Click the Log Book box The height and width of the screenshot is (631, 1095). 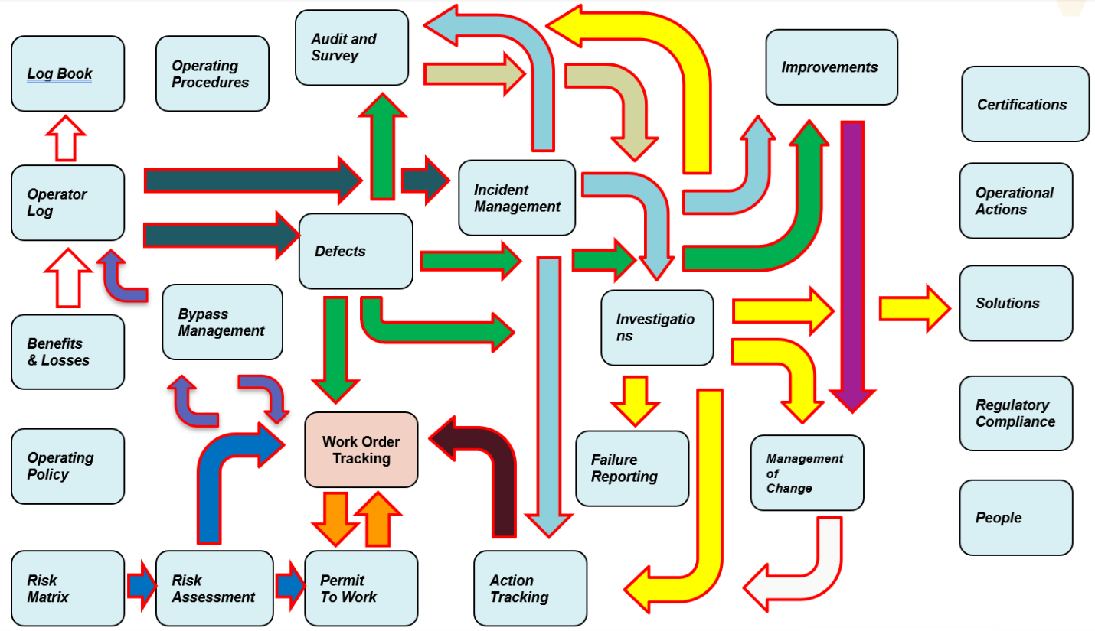pyautogui.click(x=67, y=73)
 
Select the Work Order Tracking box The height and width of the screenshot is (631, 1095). pyautogui.click(x=361, y=450)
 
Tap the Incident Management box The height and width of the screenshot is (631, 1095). pyautogui.click(x=517, y=198)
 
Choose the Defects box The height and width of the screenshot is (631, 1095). pyautogui.click(x=355, y=251)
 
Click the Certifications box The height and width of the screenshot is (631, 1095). pyautogui.click(x=1025, y=104)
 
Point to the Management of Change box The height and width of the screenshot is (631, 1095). pyautogui.click(x=806, y=473)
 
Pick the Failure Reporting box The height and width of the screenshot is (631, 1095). pyautogui.click(x=632, y=468)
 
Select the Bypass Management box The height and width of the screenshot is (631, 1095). pyautogui.click(x=222, y=322)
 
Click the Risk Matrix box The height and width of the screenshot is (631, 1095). pyautogui.click(x=67, y=588)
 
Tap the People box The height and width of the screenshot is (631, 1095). pyautogui.click(x=1015, y=518)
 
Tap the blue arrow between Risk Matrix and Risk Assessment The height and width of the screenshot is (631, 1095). pyautogui.click(x=140, y=587)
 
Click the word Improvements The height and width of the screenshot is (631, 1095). pyautogui.click(x=829, y=67)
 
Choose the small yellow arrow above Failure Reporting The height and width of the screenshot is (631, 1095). pyautogui.click(x=635, y=398)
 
